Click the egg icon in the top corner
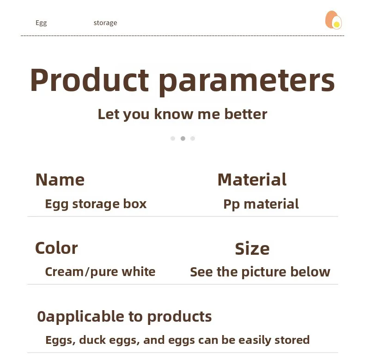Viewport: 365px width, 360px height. (334, 20)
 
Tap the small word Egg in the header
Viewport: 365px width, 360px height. (41, 23)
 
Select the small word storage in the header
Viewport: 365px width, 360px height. (105, 23)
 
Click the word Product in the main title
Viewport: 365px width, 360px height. (89, 80)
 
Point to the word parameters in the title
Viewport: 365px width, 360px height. (247, 82)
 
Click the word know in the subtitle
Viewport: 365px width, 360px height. (174, 114)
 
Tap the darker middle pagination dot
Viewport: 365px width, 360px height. (183, 138)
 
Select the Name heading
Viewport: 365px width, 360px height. (60, 180)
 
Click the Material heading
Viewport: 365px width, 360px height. (252, 180)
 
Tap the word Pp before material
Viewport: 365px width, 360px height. (231, 204)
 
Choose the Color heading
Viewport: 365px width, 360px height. (56, 248)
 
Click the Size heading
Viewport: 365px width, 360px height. (252, 249)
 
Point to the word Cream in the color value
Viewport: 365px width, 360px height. (64, 272)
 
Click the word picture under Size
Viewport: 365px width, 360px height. (264, 272)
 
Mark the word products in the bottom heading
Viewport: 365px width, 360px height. (179, 317)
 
